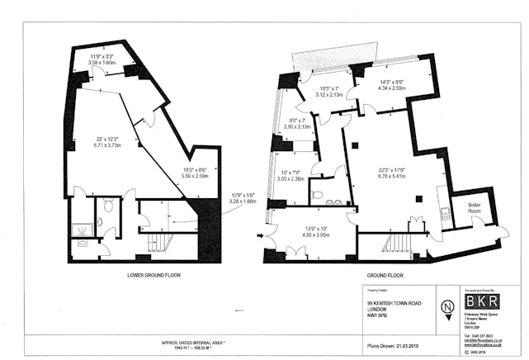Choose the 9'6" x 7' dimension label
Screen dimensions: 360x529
296,124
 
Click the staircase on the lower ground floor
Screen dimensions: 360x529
154,243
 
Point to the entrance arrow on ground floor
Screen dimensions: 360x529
263,237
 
